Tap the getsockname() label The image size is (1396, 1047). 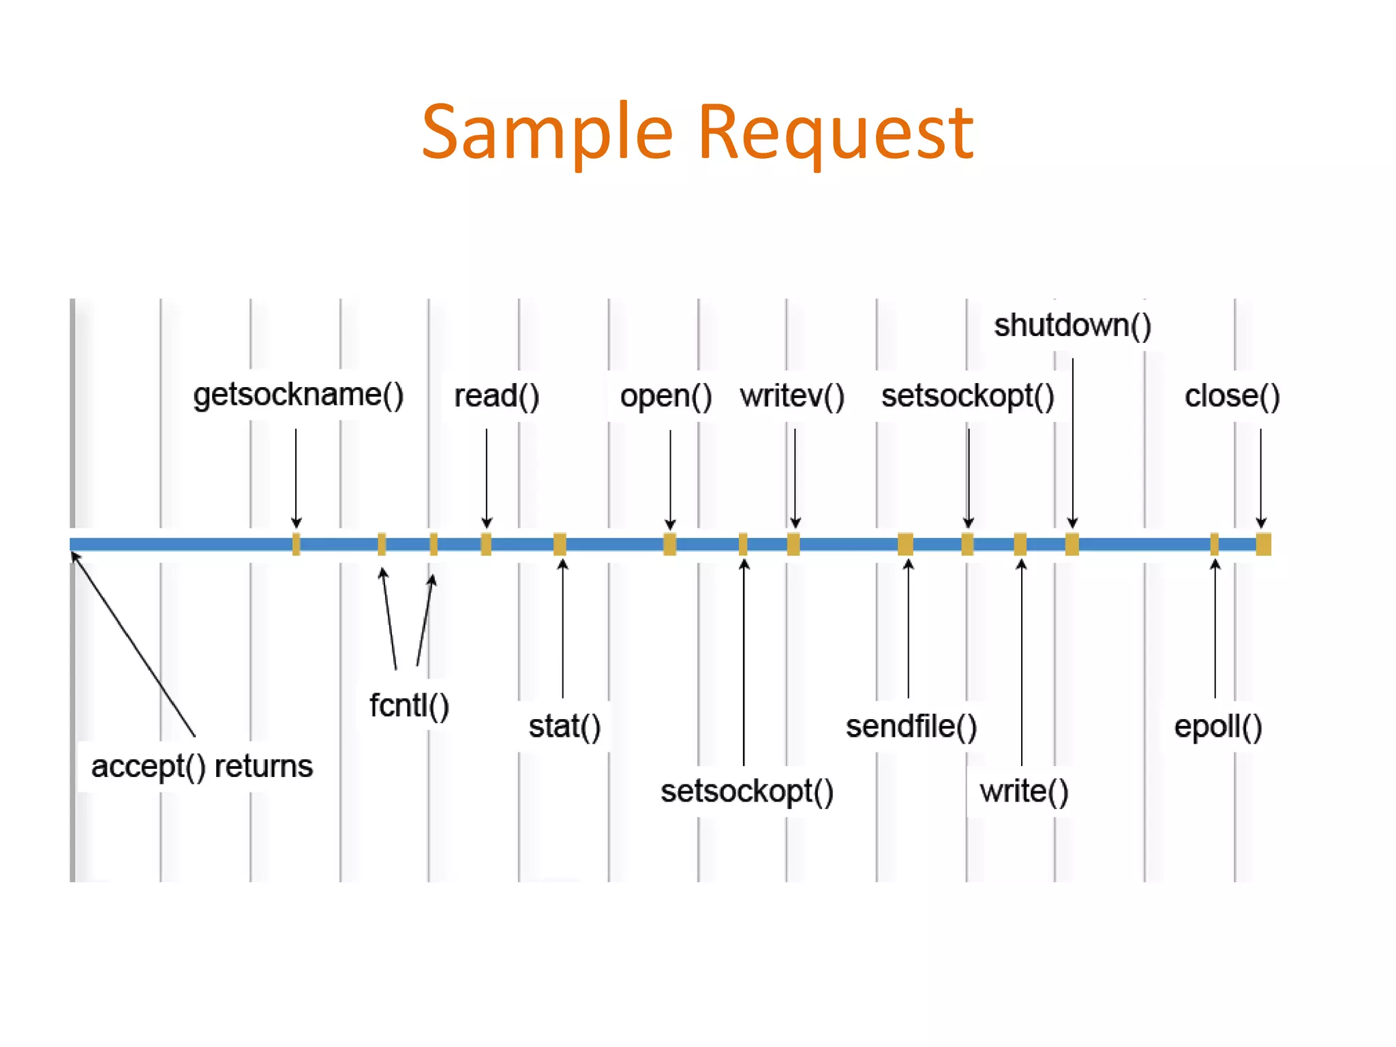[x=299, y=395]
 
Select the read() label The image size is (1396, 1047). [x=496, y=396]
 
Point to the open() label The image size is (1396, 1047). [x=665, y=396]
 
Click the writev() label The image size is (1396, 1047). [x=792, y=396]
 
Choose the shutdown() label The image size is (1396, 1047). [x=1072, y=325]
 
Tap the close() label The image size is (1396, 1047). [x=1232, y=396]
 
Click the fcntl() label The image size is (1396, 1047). [x=409, y=705]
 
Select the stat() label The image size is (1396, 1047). [x=564, y=726]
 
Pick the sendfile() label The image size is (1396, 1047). [x=911, y=727]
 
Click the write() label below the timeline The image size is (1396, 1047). [x=1024, y=791]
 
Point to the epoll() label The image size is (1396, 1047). [x=1218, y=727]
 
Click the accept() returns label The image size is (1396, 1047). [x=202, y=766]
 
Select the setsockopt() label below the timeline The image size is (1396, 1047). [x=747, y=791]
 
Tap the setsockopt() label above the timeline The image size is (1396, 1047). [x=967, y=396]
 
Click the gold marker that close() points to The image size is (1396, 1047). [x=1263, y=544]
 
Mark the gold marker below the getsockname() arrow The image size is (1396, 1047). [x=296, y=544]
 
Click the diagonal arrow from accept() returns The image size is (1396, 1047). [x=134, y=645]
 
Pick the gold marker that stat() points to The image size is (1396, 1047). [x=560, y=544]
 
